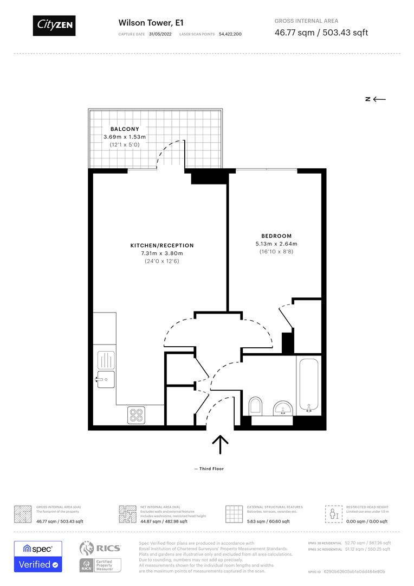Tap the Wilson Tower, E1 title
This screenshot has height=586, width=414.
pos(143,23)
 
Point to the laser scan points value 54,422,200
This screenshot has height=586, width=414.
pos(230,34)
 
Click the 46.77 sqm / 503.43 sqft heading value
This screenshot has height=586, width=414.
pos(321,33)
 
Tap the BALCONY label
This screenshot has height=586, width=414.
pos(125,129)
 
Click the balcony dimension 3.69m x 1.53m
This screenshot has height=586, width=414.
pos(125,137)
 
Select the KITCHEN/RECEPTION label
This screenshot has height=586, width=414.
pos(161,246)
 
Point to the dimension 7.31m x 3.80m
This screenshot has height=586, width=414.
pos(161,253)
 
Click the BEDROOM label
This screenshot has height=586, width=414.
pos(276,236)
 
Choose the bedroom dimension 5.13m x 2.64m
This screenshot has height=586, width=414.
pos(276,244)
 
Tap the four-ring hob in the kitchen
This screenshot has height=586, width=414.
pos(136,415)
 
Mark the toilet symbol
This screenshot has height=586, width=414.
pos(255,406)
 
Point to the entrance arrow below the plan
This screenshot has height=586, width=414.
pos(220,444)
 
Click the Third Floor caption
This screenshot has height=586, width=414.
pos(211,469)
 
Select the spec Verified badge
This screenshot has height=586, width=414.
pos(38,556)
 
